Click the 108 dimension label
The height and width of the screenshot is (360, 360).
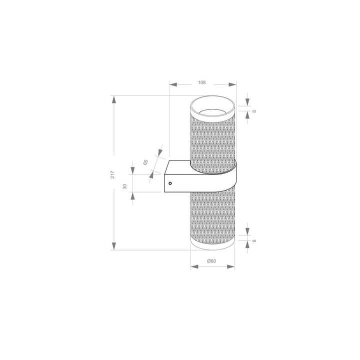coord(202,82)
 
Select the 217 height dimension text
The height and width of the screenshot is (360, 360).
coord(113,173)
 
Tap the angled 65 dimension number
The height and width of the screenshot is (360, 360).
coord(145,161)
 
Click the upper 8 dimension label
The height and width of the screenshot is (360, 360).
coord(254,111)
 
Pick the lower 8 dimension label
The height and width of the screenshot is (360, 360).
coord(254,240)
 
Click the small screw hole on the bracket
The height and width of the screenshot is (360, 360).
coord(170,183)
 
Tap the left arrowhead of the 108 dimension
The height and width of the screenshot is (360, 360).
coord(173,84)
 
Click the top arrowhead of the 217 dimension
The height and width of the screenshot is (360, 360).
coord(114,99)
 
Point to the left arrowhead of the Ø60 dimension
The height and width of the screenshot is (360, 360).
coord(195,266)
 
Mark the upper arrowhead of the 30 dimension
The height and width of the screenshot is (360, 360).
coord(132,171)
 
